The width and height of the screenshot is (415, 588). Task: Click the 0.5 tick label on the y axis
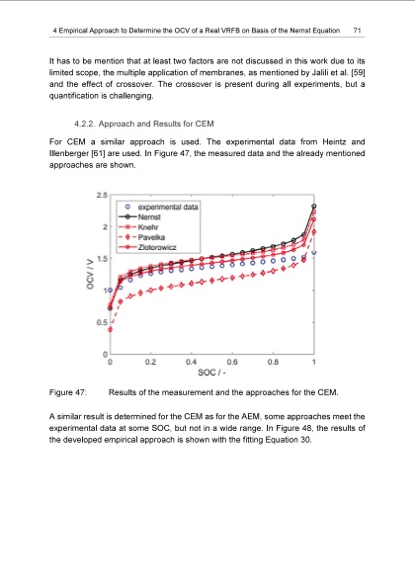click(x=101, y=322)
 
